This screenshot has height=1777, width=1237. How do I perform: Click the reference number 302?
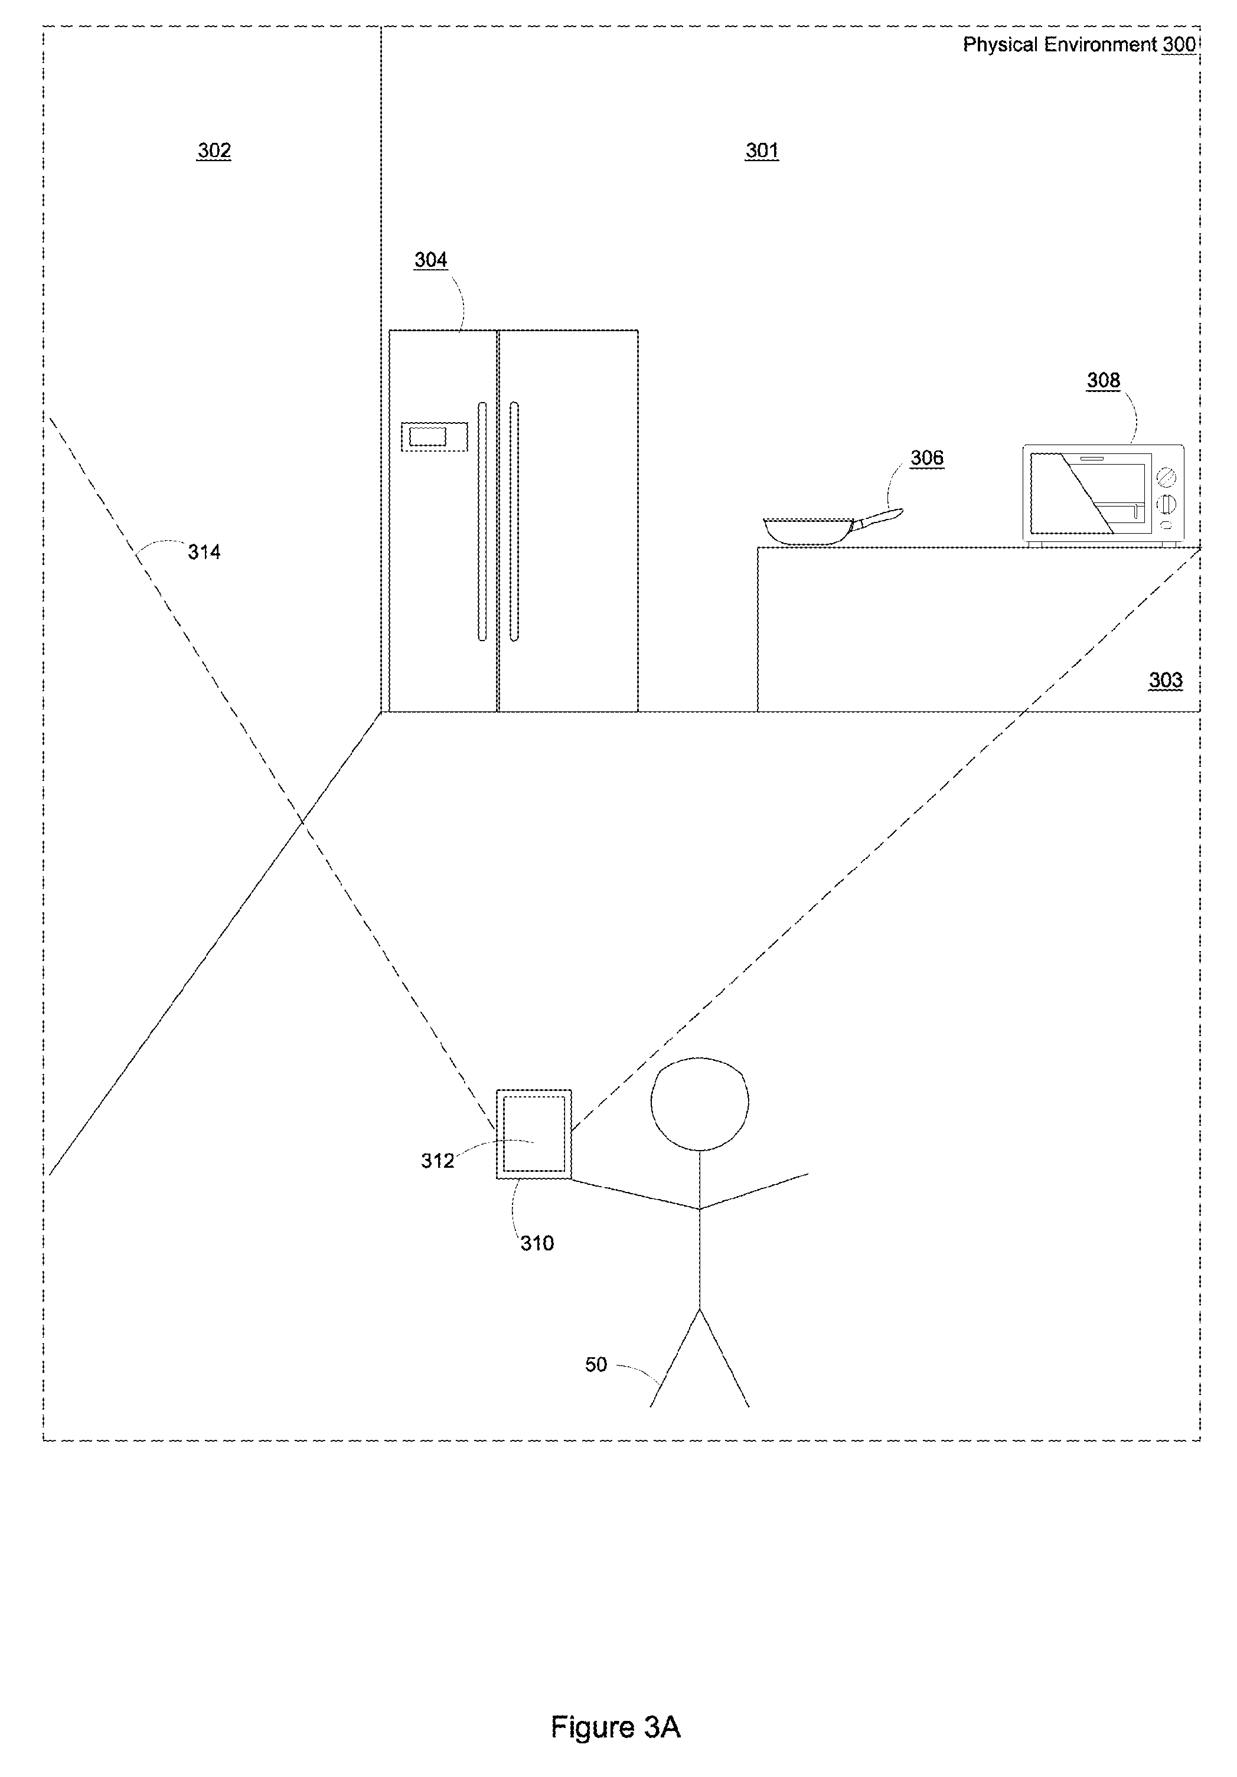pos(214,150)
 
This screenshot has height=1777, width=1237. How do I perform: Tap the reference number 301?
pos(762,150)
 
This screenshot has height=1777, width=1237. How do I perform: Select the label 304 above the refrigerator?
pos(430,260)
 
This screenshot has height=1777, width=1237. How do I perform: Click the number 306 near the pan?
pos(926,458)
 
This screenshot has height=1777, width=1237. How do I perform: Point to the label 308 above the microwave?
pos(1103,380)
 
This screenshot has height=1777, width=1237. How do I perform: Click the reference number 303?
pos(1165,680)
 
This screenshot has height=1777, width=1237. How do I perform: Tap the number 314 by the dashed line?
pos(204,552)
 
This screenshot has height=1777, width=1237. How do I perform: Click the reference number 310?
pos(537,1243)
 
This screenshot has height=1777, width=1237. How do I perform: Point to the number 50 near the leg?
pos(596,1386)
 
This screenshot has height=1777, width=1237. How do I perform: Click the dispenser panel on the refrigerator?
pos(434,436)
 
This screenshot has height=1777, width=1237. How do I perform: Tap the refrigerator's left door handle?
pos(482,522)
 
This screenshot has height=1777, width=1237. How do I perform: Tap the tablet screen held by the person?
pos(534,1134)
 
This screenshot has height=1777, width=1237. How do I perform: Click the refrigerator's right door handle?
pos(514,522)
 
